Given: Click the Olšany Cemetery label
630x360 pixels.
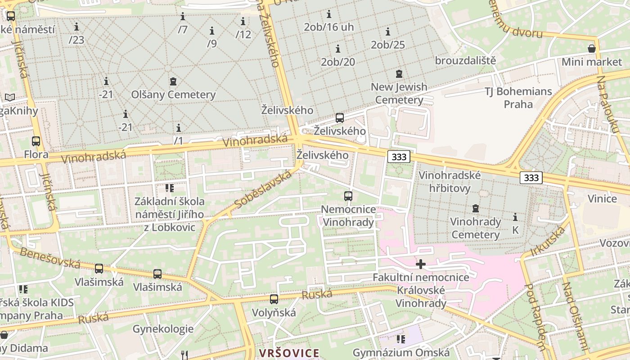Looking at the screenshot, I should (173, 94).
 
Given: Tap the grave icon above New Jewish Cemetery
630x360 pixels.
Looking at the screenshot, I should (399, 73).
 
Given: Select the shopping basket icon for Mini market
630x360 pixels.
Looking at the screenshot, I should (592, 49).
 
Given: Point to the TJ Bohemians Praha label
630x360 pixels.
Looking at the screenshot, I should (518, 98).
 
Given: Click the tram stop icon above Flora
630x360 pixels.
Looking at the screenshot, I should (36, 141).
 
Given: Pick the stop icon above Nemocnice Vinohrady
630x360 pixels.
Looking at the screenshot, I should (348, 196).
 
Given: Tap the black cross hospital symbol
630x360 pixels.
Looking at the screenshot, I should (421, 264).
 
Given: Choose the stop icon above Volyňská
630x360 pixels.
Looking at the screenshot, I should (274, 299).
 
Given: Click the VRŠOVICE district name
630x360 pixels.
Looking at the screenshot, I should (289, 353).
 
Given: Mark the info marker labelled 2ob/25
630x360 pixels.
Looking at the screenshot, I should (387, 32).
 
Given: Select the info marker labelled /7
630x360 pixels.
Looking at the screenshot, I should (183, 17).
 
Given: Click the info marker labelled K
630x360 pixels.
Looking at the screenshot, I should (515, 217).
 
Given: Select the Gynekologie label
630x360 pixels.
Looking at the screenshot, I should (163, 328).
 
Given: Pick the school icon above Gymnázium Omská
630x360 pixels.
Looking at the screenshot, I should (400, 339).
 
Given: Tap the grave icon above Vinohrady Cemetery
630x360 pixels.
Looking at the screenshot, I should (475, 209).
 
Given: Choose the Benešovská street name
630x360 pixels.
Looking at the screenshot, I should (49, 258).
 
